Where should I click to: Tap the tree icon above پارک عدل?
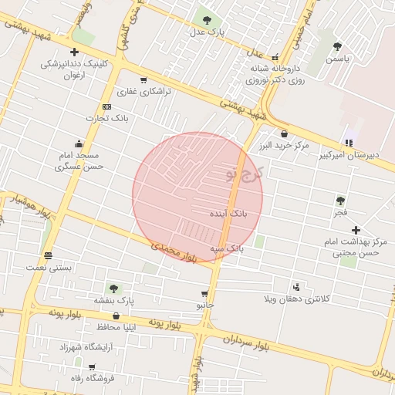(206, 19)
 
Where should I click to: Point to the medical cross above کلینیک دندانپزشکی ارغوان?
(74, 52)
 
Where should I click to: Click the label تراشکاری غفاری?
(143, 91)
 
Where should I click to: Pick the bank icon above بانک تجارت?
(106, 106)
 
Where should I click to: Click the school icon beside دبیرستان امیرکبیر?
(349, 142)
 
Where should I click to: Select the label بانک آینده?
(232, 211)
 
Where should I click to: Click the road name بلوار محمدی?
(175, 248)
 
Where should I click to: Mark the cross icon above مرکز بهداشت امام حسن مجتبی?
(356, 230)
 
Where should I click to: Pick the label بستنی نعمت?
(49, 267)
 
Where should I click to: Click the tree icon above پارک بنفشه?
(113, 288)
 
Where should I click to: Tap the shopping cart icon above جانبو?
(204, 294)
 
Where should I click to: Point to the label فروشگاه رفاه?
(93, 377)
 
